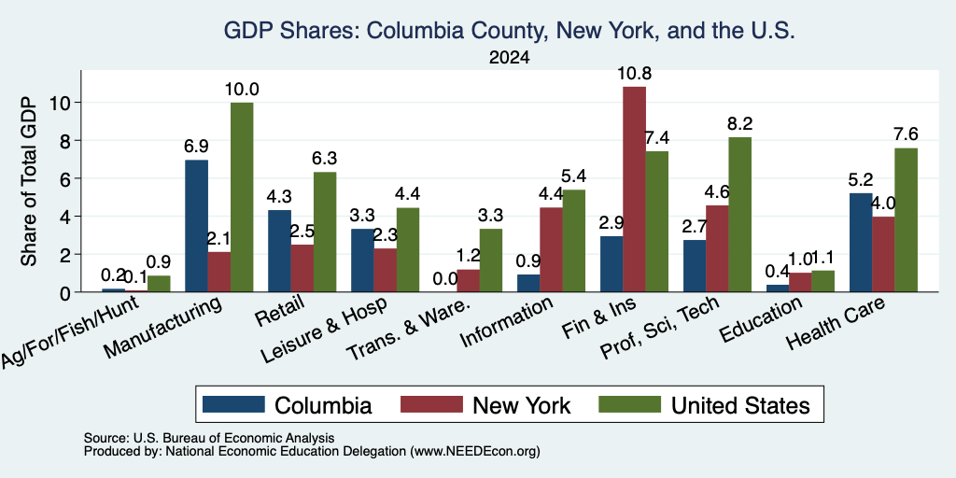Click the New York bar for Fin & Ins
coord(634,189)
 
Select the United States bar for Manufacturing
coord(242,197)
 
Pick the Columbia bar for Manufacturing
coord(196,226)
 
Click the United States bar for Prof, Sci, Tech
coord(739,214)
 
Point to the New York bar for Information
coord(551,249)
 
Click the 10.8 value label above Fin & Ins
coord(634,74)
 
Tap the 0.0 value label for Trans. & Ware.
coord(445,279)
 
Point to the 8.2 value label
coord(739,124)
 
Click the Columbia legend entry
coord(288,404)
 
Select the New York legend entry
coord(485,404)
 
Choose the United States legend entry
coord(704,404)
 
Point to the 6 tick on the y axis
coord(67,178)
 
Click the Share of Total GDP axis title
coord(29,180)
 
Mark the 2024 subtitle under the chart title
coord(509,58)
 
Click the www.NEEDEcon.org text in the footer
coord(475,452)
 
